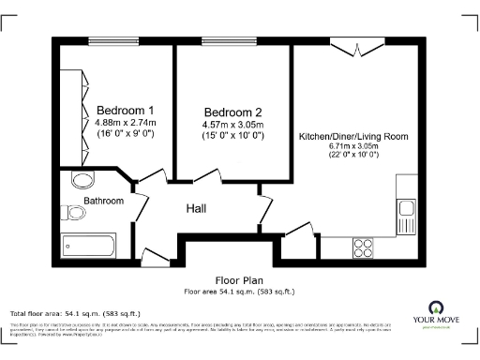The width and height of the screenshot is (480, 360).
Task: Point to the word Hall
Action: pos(196,208)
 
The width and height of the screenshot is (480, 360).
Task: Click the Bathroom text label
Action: pos(103,201)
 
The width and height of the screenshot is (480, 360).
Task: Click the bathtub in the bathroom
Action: pos(87,246)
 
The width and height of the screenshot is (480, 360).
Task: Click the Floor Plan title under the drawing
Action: pos(239,280)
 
